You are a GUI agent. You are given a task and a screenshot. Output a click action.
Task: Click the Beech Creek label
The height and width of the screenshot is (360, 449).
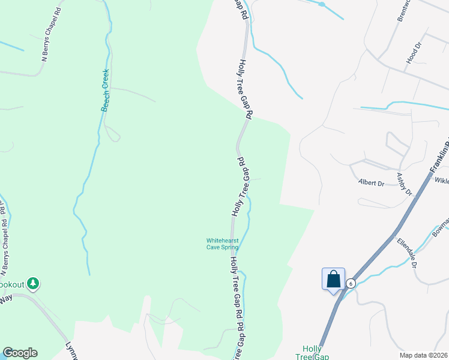pyautogui.click(x=106, y=90)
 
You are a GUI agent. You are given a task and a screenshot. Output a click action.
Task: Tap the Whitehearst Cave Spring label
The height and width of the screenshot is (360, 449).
pyautogui.click(x=223, y=244)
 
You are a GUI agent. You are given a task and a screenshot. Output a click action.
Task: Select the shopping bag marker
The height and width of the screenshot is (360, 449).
pyautogui.click(x=333, y=280)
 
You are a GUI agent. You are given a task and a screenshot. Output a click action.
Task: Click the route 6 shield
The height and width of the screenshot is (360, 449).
pyautogui.click(x=351, y=283)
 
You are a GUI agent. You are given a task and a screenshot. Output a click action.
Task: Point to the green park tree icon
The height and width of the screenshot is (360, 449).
pyautogui.click(x=34, y=283)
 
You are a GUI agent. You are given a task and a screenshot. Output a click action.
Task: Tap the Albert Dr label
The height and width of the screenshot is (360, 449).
pyautogui.click(x=370, y=182)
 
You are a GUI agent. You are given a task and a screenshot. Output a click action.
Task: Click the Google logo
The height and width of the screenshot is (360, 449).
pyautogui.click(x=20, y=353)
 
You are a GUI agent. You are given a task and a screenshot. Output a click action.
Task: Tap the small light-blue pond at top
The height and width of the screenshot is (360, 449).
pyautogui.click(x=322, y=4)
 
